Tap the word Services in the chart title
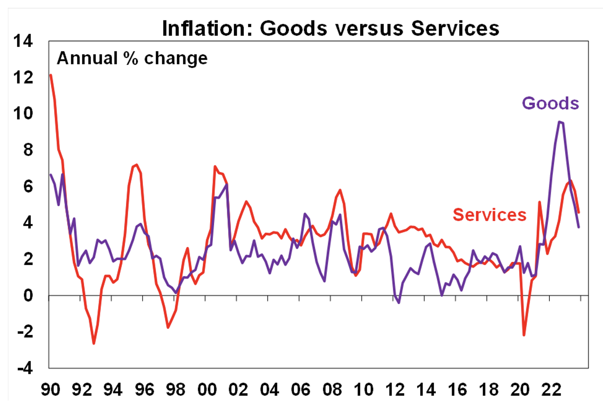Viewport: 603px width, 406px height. coord(455,28)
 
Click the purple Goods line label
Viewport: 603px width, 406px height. coord(550,103)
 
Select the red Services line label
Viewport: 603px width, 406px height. coord(489,215)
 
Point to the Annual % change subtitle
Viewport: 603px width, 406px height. coord(132,58)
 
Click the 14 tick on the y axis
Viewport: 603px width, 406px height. coord(23,41)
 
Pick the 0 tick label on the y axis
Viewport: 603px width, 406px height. coord(28,295)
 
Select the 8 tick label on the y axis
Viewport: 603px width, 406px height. coord(28,150)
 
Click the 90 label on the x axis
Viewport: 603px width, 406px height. coord(51,390)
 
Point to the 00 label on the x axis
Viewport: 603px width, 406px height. coord(207,390)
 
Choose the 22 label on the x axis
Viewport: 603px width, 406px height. coord(551,390)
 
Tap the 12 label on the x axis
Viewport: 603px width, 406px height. coord(394,390)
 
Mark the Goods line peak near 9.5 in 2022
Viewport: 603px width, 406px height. coord(560,122)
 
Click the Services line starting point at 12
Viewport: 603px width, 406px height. coord(51,75)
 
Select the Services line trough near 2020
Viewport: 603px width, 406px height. coord(524,335)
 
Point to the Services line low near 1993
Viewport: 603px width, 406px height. coord(94,344)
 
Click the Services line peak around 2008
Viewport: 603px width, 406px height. coord(340,190)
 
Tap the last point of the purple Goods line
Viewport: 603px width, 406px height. coord(579,227)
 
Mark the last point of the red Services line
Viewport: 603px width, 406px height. coord(579,212)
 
